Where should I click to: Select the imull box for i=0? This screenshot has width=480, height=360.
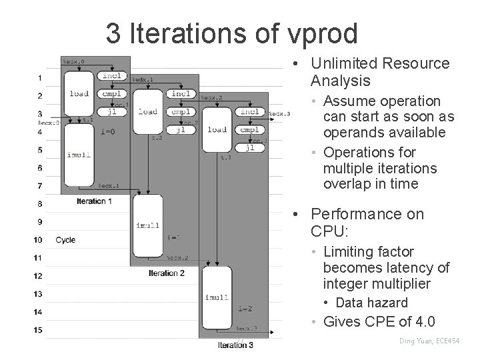[x=79, y=155]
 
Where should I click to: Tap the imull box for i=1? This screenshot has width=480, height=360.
[x=147, y=225]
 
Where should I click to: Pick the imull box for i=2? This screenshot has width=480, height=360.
[x=217, y=297]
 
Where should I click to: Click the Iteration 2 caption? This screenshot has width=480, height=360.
[x=167, y=273]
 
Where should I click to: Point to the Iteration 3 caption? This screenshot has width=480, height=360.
[x=235, y=345]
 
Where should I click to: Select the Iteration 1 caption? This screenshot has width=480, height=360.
[x=94, y=201]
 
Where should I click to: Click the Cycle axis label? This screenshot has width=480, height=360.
[x=65, y=240]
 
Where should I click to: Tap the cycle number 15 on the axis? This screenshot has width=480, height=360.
[x=38, y=329]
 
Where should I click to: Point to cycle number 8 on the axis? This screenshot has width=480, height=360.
[x=39, y=203]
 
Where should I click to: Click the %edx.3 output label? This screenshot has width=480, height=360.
[x=279, y=115]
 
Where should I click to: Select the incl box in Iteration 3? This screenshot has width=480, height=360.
[x=250, y=112]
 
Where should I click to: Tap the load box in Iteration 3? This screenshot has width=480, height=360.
[x=217, y=129]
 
